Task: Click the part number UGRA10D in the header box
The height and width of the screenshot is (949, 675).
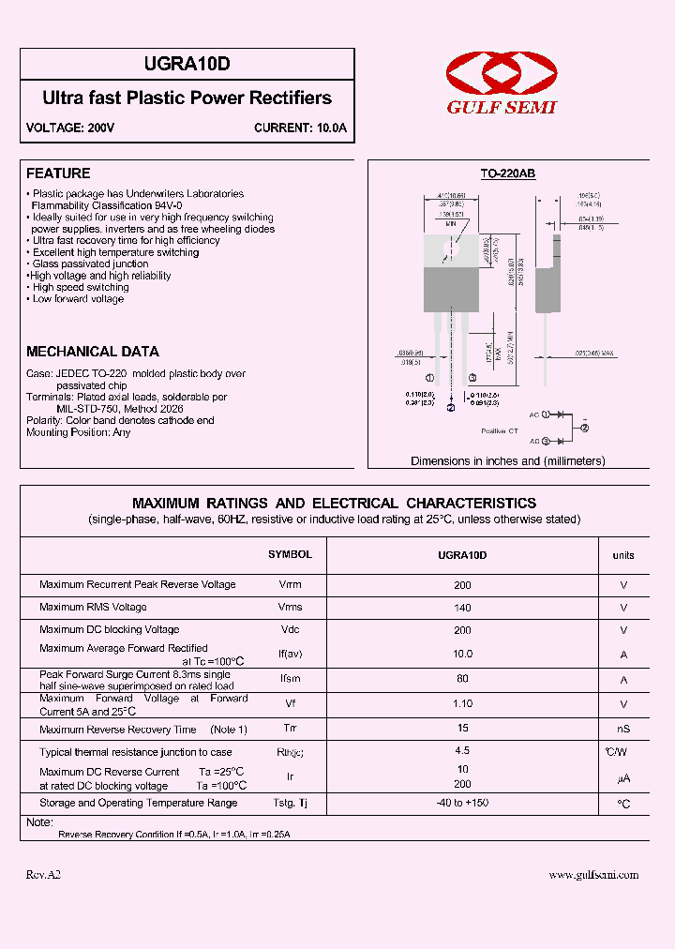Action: [187, 64]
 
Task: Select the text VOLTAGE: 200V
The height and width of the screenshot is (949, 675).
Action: [70, 128]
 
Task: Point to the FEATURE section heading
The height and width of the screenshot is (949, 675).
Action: [58, 173]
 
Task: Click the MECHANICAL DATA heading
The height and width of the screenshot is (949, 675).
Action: [93, 352]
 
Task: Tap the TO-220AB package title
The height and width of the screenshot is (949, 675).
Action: [507, 173]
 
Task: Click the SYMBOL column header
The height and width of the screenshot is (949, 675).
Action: [290, 554]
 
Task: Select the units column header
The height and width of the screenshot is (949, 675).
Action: [623, 555]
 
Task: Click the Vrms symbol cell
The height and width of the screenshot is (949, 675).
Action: [290, 607]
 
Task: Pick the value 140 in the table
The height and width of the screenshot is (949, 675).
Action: [462, 608]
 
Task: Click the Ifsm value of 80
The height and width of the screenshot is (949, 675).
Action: [462, 678]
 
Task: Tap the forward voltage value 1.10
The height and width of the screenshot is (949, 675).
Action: [462, 702]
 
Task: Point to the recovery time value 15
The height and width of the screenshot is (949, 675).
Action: [462, 728]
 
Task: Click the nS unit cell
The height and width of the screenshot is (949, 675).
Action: [623, 729]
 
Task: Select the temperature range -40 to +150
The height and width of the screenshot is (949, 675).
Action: [462, 803]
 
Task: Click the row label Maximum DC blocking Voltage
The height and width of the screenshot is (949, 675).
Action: [110, 629]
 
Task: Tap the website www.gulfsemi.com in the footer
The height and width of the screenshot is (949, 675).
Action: [593, 875]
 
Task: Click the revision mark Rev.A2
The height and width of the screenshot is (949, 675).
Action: [43, 875]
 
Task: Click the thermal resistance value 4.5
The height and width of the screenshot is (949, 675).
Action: [462, 751]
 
